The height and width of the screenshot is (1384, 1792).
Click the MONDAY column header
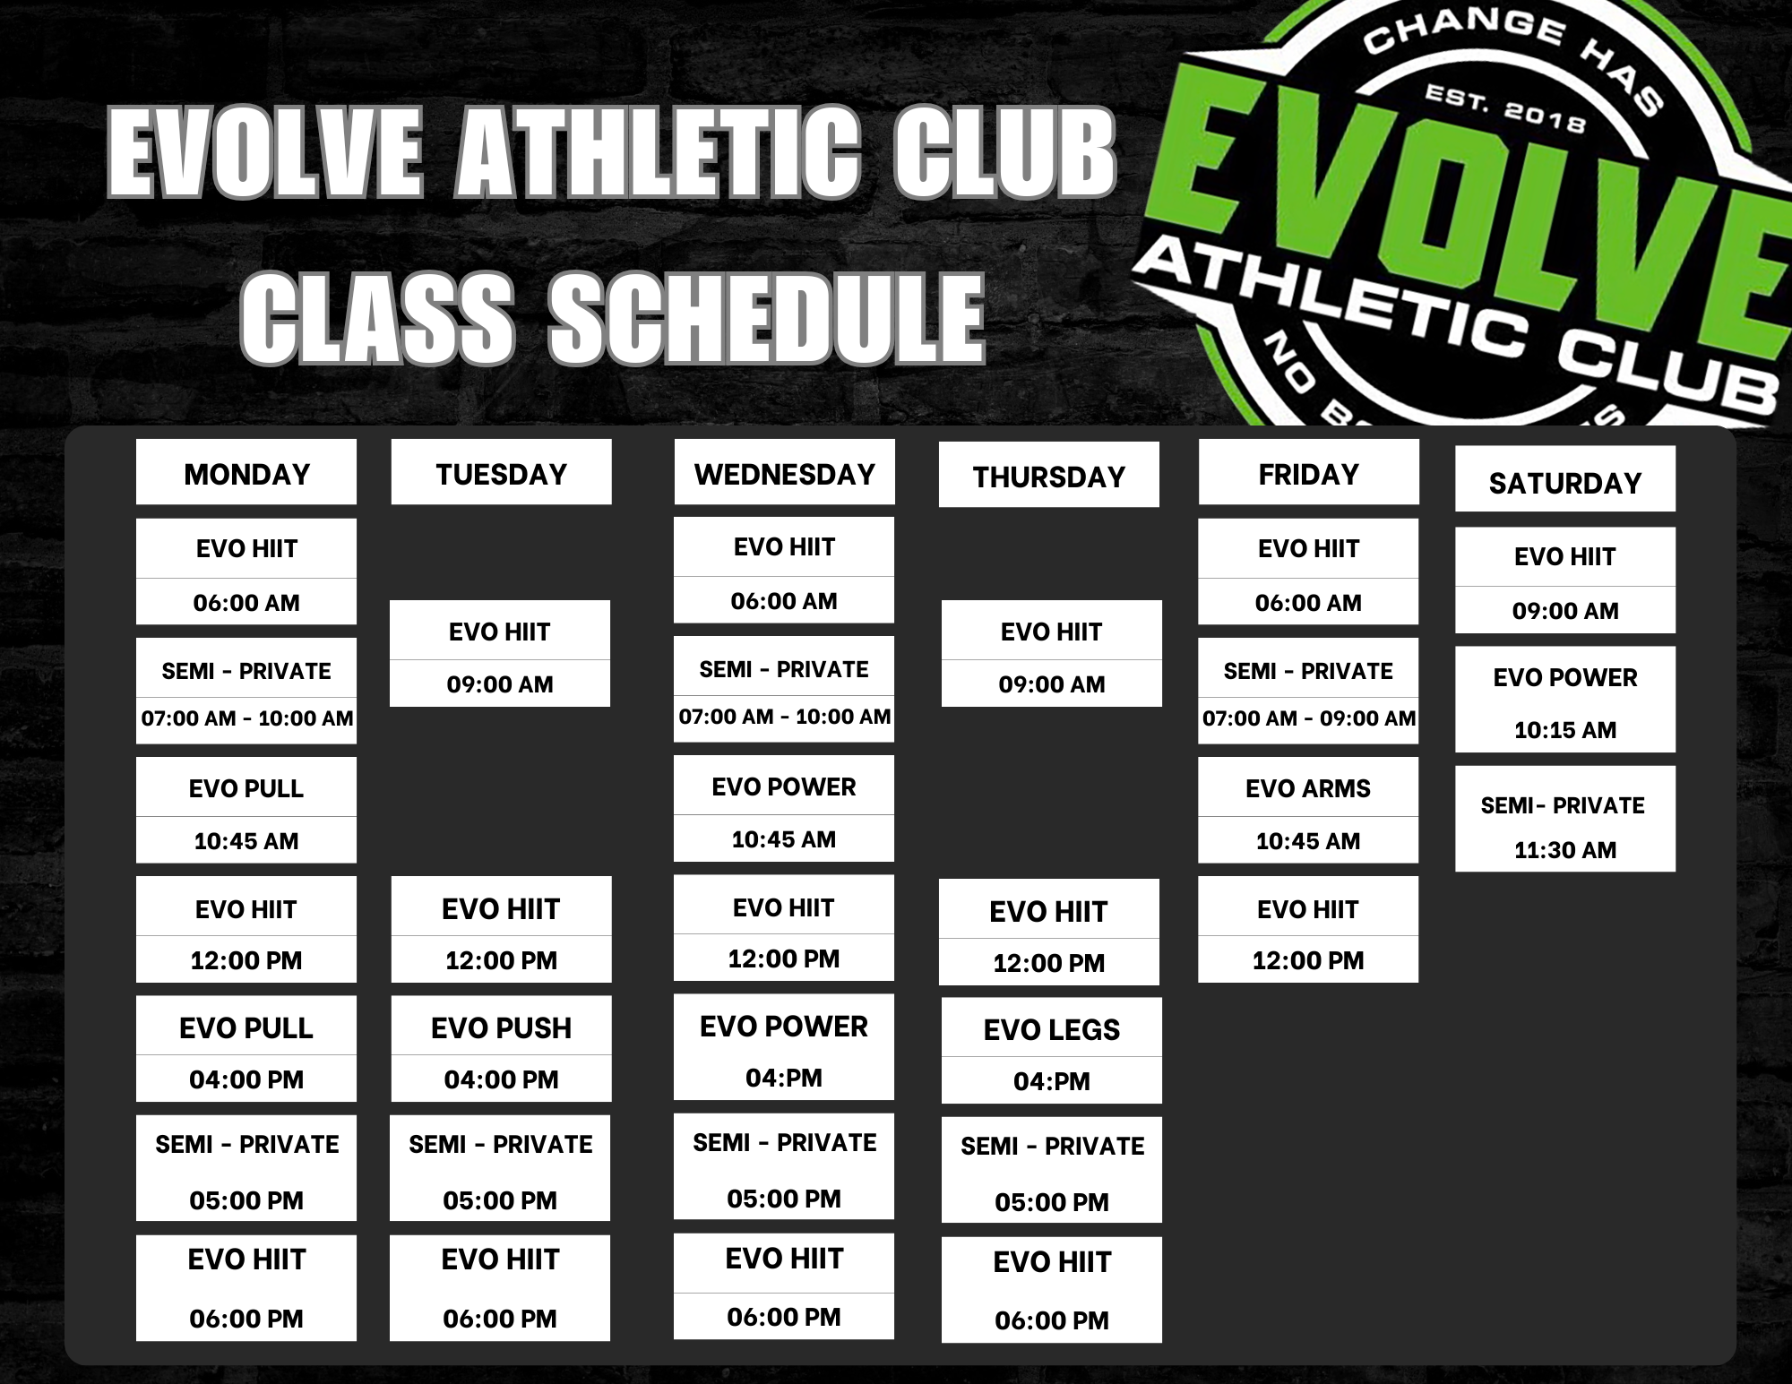click(x=246, y=472)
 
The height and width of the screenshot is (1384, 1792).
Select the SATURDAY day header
click(x=1564, y=481)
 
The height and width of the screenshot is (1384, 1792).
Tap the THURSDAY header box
click(x=1048, y=476)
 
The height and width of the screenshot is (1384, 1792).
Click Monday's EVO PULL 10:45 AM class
click(x=246, y=811)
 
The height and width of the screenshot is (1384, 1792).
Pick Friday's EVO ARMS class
click(x=1308, y=811)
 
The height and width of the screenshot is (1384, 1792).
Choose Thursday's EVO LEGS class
click(x=1051, y=1050)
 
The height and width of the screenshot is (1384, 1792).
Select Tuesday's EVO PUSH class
click(x=501, y=1048)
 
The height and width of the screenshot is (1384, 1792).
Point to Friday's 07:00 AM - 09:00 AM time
click(x=1308, y=718)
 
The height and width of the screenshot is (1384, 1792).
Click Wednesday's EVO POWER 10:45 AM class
click(x=784, y=809)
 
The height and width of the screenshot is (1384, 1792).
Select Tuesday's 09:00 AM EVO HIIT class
click(x=500, y=654)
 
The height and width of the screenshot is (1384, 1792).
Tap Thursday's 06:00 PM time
click(x=1051, y=1320)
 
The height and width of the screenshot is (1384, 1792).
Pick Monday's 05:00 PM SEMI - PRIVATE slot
click(x=246, y=1168)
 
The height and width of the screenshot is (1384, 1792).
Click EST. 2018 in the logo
click(x=1505, y=107)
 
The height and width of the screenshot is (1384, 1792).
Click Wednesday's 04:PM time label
click(x=784, y=1078)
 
